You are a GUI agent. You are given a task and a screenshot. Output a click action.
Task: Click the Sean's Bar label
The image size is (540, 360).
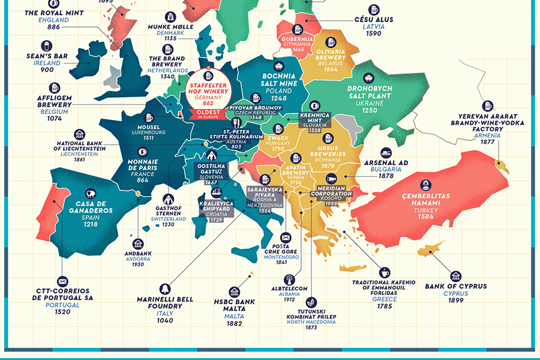tap(46, 56)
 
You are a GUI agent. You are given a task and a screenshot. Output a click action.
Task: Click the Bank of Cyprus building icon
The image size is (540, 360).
tap(456, 275)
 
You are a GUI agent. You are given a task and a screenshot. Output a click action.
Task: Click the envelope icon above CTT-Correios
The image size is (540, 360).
tap(62, 281)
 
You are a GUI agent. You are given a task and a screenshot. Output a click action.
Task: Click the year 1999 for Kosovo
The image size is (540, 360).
tap(331, 203)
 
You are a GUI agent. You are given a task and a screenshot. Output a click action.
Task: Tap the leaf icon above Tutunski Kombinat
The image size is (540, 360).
tap(311, 301)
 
